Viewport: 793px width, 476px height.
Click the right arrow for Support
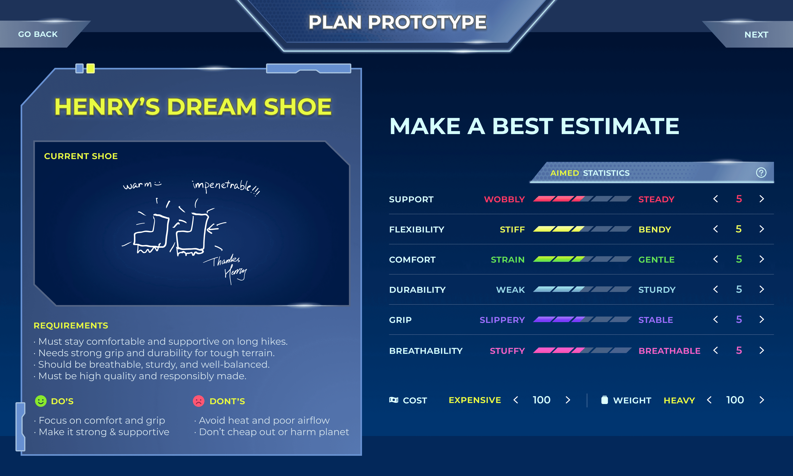coord(762,199)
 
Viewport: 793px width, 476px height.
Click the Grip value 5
coord(739,320)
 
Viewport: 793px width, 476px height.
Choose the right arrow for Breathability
coord(762,350)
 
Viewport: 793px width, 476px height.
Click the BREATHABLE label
coord(669,351)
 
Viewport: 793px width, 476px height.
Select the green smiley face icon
coord(41,401)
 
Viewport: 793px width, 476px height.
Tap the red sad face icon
coord(198,401)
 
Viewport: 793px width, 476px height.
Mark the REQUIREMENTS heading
coord(71,326)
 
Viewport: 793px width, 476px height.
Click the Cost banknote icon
coord(394,400)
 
